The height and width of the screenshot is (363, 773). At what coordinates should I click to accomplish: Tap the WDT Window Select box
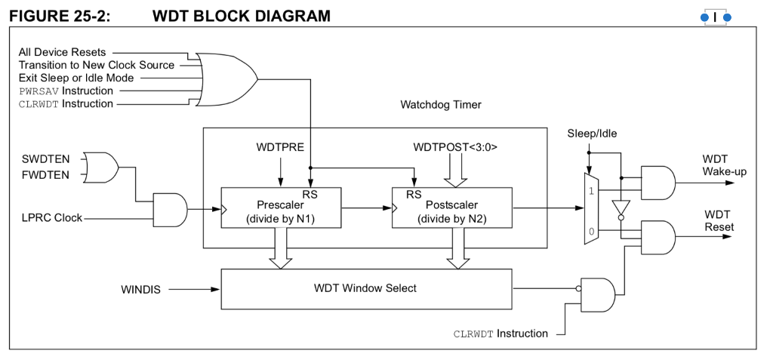coord(365,288)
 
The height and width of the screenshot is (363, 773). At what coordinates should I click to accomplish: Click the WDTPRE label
coord(280,147)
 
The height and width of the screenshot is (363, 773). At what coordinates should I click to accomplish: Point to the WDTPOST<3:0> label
coord(454,147)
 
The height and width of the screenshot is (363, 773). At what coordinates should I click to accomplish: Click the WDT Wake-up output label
coord(724,165)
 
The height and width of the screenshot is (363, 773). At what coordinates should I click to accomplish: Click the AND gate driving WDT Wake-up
coord(658,182)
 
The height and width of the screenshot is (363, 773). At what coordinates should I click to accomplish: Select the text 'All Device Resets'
coord(62,52)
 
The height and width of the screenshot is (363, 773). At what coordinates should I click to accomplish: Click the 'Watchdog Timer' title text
coord(440,105)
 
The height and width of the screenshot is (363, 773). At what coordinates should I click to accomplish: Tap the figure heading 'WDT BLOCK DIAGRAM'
coord(241,14)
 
